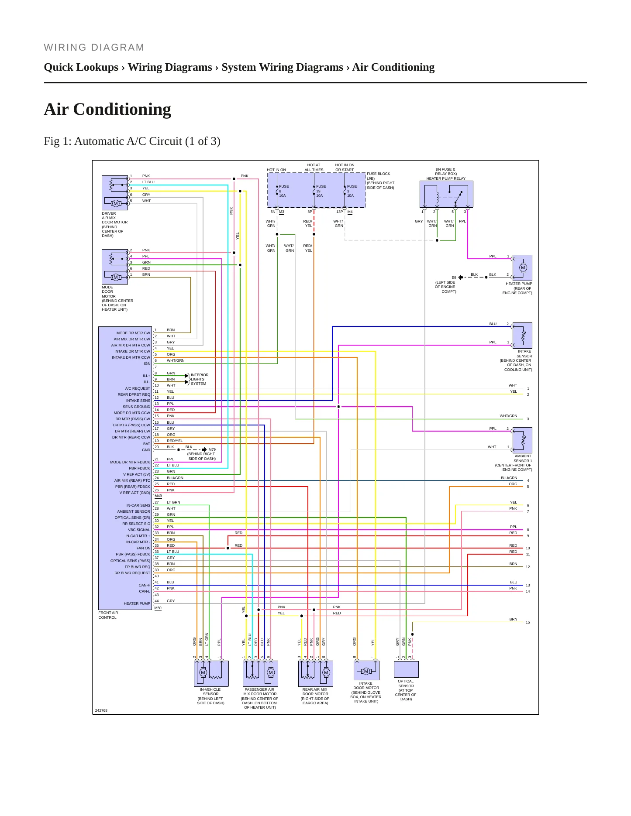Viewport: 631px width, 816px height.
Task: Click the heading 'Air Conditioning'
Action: pos(107,109)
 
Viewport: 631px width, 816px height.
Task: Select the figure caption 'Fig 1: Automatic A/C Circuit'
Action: pos(113,141)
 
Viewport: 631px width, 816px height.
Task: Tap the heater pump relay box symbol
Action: pos(446,194)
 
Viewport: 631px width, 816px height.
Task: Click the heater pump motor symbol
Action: pos(522,268)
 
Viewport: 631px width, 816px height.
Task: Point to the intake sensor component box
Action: pos(522,335)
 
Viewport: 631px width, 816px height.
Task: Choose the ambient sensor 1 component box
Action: pos(522,440)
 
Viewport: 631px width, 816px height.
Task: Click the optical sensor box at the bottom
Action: pos(406,669)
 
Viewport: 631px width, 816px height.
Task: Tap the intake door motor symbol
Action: pos(366,671)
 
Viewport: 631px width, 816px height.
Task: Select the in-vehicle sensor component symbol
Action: pos(211,673)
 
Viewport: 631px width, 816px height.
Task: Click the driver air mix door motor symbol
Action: pos(115,193)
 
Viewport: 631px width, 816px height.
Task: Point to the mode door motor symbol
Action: pos(115,267)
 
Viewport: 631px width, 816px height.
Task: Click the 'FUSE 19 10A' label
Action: pos(321,191)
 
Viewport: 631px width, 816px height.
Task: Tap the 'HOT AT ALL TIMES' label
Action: pos(314,168)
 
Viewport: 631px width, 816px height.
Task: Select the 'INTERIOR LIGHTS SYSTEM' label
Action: pos(200,379)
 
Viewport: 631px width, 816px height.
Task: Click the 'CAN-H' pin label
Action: pos(145,585)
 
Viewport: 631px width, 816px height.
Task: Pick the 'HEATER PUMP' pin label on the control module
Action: pos(137,603)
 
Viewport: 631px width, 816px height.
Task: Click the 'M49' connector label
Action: pos(158,496)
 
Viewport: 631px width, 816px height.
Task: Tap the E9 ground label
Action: pos(454,278)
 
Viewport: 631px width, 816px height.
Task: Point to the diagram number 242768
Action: pos(101,710)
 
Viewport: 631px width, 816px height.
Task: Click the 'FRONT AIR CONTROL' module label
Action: pos(108,615)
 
